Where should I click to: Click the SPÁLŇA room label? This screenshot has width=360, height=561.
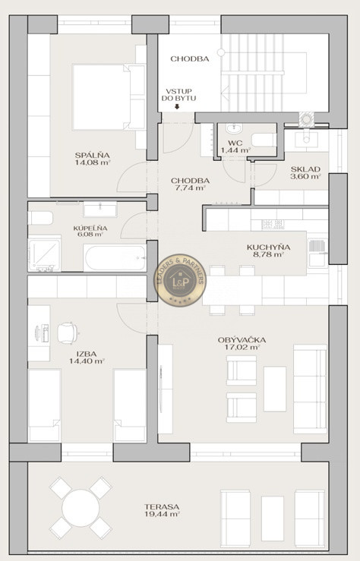[x=93, y=156]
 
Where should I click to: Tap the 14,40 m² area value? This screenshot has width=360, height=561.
[x=87, y=361]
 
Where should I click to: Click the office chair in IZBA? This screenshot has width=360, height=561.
[x=68, y=333]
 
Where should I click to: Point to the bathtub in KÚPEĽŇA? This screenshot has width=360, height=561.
[x=115, y=257]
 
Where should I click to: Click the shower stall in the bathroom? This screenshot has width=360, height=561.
[x=44, y=254]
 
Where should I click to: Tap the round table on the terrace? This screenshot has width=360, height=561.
[x=81, y=508]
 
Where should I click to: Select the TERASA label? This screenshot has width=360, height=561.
[x=162, y=507]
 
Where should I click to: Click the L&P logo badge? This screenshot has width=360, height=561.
[x=180, y=280]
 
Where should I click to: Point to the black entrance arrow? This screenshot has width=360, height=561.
[x=177, y=106]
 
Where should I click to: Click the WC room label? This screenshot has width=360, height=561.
[x=235, y=143]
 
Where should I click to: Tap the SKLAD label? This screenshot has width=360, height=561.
[x=305, y=169]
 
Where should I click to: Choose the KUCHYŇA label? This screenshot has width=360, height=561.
[x=268, y=247]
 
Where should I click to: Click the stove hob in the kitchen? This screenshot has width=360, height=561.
[x=273, y=225]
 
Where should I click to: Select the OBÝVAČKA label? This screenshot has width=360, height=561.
[x=242, y=340]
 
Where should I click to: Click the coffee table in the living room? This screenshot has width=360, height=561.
[x=275, y=389]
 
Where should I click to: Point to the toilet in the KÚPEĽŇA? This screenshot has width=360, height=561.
[x=40, y=218]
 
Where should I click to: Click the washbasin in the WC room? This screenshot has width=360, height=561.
[x=234, y=128]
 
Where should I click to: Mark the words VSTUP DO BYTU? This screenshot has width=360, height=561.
[x=178, y=95]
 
